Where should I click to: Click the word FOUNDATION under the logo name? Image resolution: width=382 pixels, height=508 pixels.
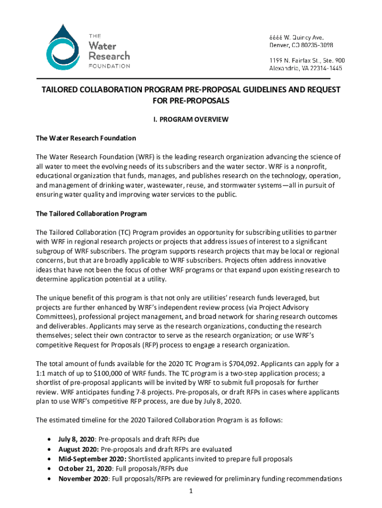coord(110,66)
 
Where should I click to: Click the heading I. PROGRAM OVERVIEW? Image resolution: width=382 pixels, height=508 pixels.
coord(191,119)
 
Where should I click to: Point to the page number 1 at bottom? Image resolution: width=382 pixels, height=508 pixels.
coord(191,491)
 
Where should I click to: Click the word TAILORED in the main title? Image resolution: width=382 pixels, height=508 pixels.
coord(61,90)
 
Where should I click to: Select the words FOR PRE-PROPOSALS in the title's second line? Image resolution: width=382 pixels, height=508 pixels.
coord(191,101)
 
